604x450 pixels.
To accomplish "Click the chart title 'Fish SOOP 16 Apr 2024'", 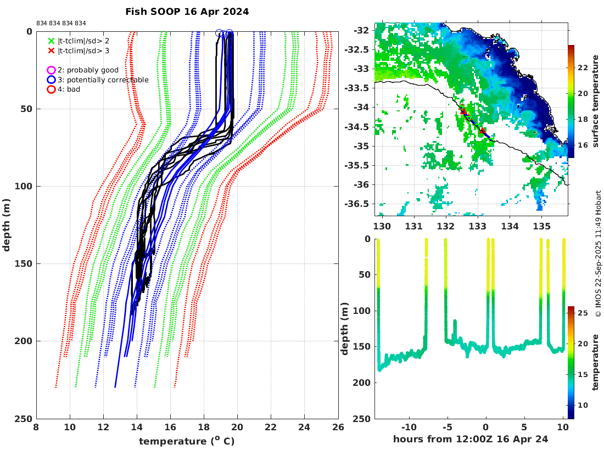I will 187,12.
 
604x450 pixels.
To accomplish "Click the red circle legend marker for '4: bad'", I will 51,89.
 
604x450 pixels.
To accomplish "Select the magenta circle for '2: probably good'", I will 51,70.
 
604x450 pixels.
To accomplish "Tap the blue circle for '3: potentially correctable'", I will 51,80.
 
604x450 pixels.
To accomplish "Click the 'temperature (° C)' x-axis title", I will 187,441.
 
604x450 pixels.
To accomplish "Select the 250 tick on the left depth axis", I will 25,419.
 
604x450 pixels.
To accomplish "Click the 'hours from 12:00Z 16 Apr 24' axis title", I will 471,439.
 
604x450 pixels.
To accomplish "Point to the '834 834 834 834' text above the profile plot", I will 61,23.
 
